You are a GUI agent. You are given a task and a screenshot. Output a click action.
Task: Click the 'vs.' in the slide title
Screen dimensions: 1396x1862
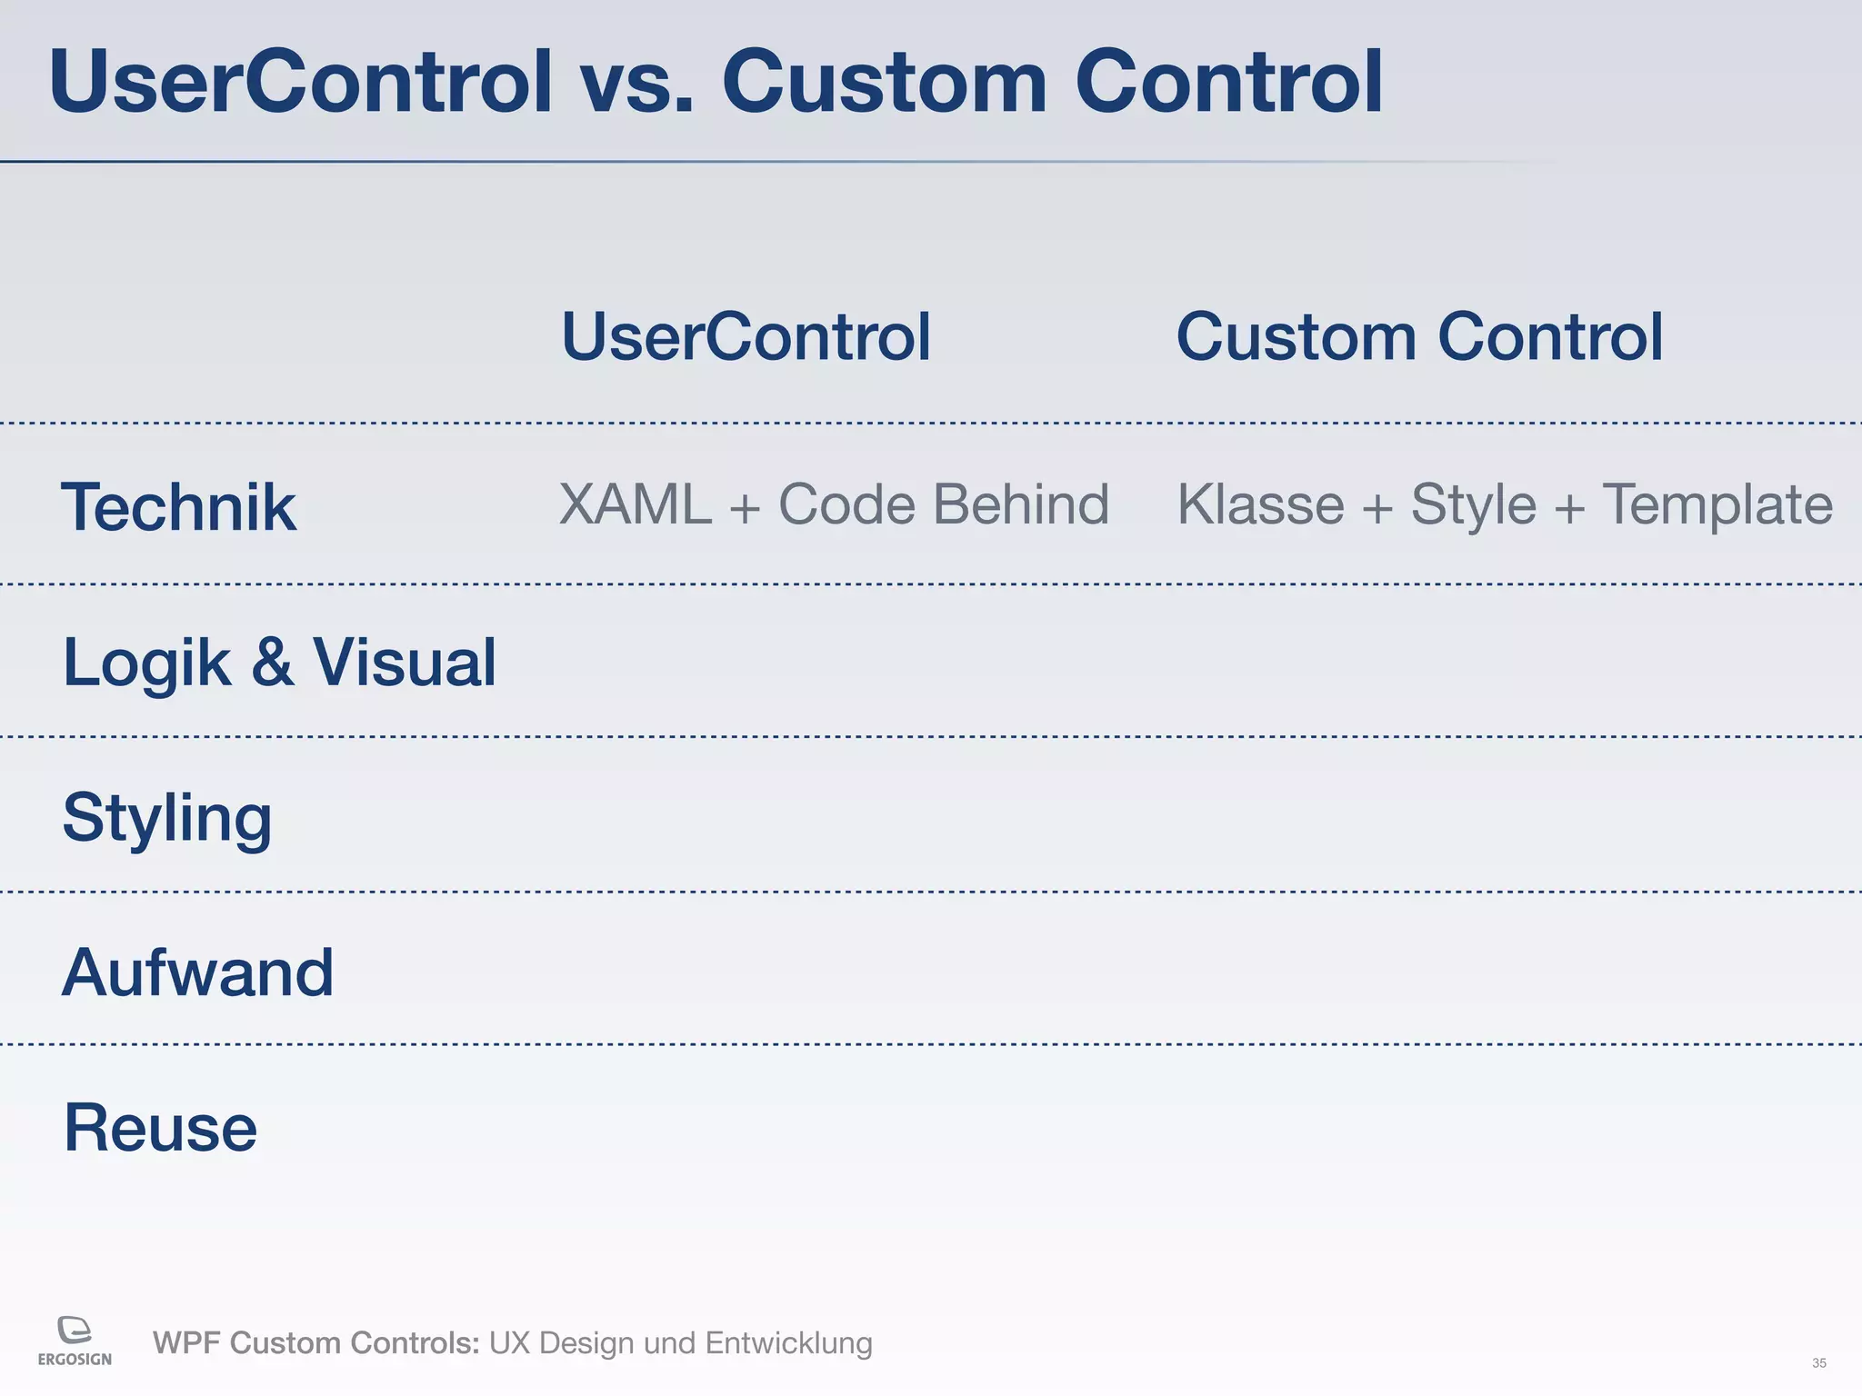636,84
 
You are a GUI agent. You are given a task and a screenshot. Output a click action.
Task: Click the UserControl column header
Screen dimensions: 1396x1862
746,337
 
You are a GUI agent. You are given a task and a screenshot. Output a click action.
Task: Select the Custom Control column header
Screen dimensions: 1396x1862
1419,337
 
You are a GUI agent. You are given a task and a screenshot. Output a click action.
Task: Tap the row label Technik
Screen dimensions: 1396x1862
178,507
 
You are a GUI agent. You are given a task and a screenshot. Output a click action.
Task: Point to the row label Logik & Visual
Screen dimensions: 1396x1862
279,663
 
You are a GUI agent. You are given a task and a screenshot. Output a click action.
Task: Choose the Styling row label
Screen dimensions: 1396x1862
167,818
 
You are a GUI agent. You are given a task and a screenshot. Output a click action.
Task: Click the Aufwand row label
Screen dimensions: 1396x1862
197,972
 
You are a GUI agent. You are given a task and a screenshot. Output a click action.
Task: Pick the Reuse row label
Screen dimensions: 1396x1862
160,1128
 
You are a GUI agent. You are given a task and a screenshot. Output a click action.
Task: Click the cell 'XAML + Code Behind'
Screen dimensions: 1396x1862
834,504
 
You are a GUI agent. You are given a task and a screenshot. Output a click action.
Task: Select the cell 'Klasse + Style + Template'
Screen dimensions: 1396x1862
1505,504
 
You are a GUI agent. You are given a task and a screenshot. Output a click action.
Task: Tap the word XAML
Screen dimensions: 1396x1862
635,504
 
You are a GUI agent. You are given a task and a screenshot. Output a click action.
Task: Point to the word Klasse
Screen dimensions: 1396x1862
1260,504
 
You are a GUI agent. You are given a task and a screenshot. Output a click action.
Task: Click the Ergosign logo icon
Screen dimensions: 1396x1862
75,1330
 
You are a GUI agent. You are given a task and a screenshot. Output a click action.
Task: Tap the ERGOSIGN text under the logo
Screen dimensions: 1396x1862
75,1360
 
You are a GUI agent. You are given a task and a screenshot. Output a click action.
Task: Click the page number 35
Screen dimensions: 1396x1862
1818,1363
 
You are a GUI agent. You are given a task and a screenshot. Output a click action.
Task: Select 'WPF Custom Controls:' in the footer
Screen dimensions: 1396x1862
315,1343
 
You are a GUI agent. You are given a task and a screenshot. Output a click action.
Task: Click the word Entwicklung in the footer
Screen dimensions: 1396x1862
788,1343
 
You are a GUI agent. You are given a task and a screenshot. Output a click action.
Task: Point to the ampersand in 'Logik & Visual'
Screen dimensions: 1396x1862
272,663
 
